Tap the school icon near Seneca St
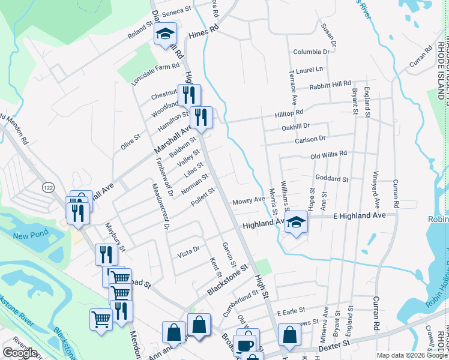click(164, 35)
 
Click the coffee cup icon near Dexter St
click(245, 344)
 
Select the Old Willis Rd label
click(329, 154)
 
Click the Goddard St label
click(332, 179)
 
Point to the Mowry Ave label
click(249, 200)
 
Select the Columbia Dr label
click(308, 52)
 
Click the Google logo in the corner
click(19, 353)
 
